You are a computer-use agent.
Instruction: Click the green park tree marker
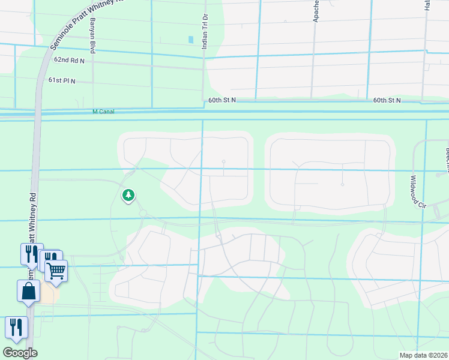pyautogui.click(x=128, y=195)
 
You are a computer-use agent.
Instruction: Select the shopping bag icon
pyautogui.click(x=28, y=292)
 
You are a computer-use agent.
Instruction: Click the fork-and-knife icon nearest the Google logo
pyautogui.click(x=16, y=326)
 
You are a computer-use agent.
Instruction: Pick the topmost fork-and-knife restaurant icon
pyautogui.click(x=31, y=253)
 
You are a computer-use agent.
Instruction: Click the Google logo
pyautogui.click(x=20, y=353)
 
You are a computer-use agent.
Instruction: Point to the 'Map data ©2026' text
pyautogui.click(x=424, y=355)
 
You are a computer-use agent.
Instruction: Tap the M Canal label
pyautogui.click(x=103, y=112)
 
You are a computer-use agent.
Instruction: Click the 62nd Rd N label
pyautogui.click(x=69, y=60)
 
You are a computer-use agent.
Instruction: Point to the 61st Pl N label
pyautogui.click(x=62, y=80)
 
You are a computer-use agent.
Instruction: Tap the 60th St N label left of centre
pyautogui.click(x=223, y=100)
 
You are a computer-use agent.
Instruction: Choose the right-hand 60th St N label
pyautogui.click(x=387, y=100)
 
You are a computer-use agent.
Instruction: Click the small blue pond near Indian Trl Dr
pyautogui.click(x=191, y=40)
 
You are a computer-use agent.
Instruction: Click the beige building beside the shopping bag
pyautogui.click(x=48, y=294)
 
